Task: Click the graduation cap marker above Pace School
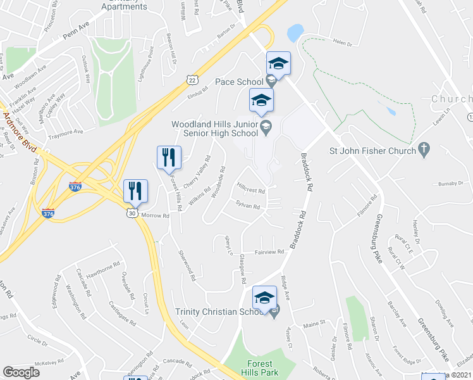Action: tap(278, 64)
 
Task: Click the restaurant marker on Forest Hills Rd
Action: tap(169, 157)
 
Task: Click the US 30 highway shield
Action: tap(130, 214)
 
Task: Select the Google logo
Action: tap(21, 372)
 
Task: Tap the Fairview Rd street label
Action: tap(269, 251)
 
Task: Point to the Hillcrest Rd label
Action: tap(250, 190)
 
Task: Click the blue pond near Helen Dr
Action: tap(294, 32)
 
